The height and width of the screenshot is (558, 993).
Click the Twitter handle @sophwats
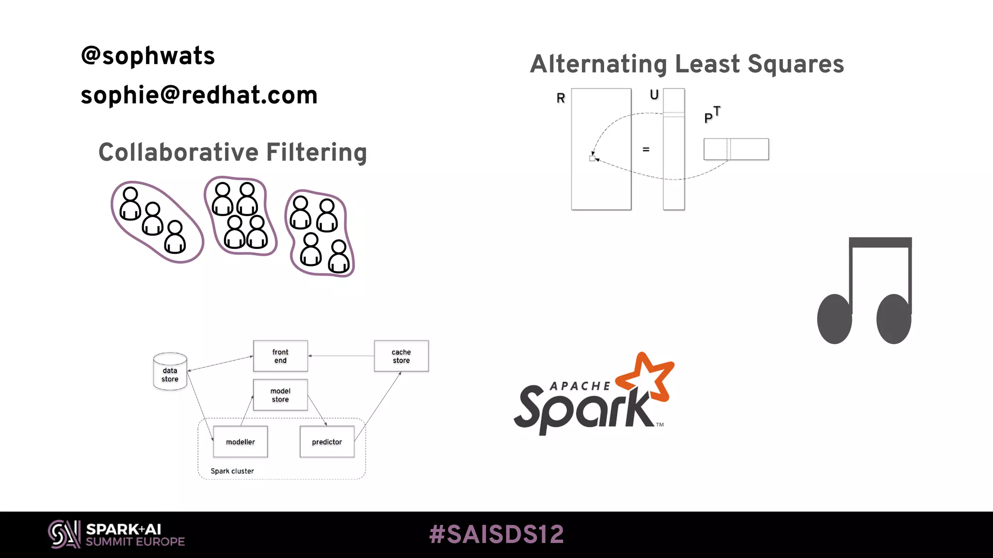point(147,56)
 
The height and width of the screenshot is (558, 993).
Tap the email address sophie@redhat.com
point(199,95)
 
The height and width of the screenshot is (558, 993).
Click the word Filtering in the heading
point(316,153)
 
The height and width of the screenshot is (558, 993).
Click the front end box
point(280,356)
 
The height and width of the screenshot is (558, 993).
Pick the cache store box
point(401,356)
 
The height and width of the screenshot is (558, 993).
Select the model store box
point(280,395)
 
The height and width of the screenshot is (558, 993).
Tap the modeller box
point(240,442)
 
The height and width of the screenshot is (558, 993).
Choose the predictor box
point(327,442)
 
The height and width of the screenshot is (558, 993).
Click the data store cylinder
point(170,372)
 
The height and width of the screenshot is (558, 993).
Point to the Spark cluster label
point(232,471)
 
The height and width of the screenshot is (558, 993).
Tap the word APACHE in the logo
point(580,386)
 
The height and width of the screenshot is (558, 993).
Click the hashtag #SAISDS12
point(496,535)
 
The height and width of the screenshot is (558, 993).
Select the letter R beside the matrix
point(561,98)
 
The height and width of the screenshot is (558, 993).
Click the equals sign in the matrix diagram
point(646,149)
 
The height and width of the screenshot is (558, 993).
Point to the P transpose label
point(711,115)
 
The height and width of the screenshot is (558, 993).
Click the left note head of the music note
point(834,319)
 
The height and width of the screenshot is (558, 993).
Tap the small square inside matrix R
point(592,158)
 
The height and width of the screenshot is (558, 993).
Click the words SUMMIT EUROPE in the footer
point(135,542)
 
